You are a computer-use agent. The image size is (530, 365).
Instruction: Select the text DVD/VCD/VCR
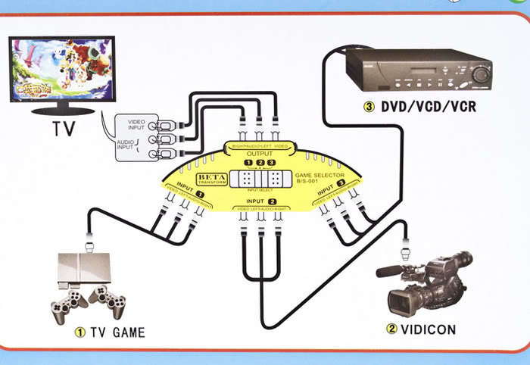tap(428, 107)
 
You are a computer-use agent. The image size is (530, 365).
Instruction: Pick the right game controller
tap(109, 301)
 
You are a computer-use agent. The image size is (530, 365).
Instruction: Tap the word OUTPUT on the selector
tap(260, 154)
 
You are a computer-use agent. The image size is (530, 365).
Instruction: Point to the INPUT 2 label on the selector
tap(260, 201)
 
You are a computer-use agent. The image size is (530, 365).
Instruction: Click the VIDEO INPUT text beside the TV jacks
tap(136, 124)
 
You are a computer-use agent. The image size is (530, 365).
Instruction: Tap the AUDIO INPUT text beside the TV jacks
tap(127, 146)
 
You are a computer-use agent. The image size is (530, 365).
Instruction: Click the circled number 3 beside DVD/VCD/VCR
tap(369, 107)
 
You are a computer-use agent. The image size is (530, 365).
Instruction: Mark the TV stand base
tap(63, 111)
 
